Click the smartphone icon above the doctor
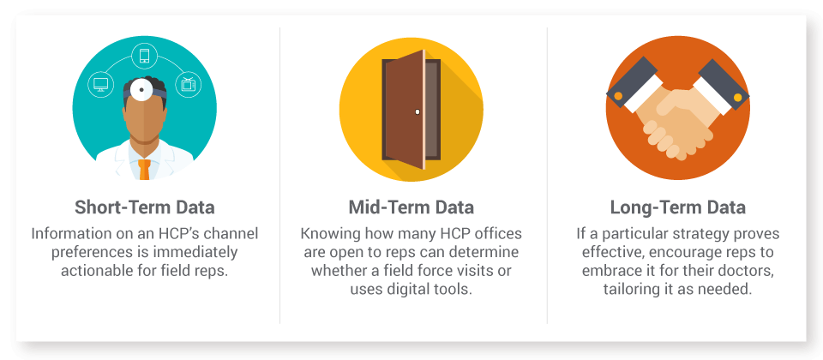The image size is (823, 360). point(144,56)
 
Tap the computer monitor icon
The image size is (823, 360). point(100,84)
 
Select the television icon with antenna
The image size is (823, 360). point(189,84)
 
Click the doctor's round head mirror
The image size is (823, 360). point(141,90)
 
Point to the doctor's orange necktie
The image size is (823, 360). point(144,169)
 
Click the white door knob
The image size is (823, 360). point(418,111)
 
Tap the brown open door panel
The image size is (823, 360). point(404,110)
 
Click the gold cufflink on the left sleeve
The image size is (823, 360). point(618,96)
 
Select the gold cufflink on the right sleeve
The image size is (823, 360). point(737,97)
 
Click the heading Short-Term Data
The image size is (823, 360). point(144,207)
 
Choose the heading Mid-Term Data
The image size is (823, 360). point(411,207)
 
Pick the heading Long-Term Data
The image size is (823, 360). point(677,207)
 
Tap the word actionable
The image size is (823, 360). point(93,271)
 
